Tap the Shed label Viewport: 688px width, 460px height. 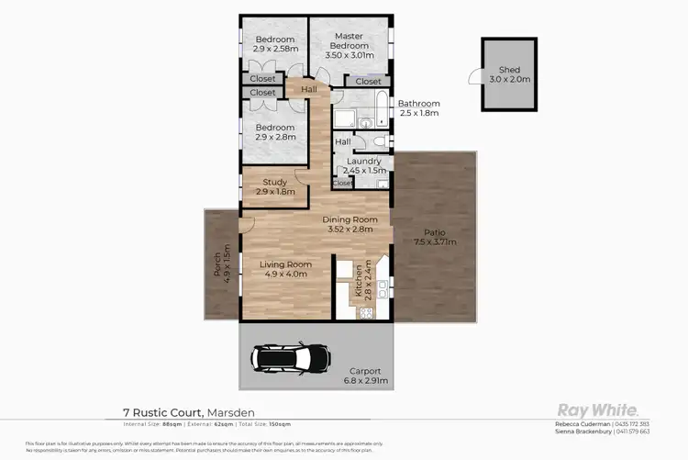pos(509,70)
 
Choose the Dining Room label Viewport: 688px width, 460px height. pos(350,219)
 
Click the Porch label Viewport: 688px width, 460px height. pos(217,261)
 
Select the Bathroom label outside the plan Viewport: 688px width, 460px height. pos(418,104)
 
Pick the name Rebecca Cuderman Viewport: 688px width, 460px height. pos(583,423)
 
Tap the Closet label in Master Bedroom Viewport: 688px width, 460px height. pos(368,82)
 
